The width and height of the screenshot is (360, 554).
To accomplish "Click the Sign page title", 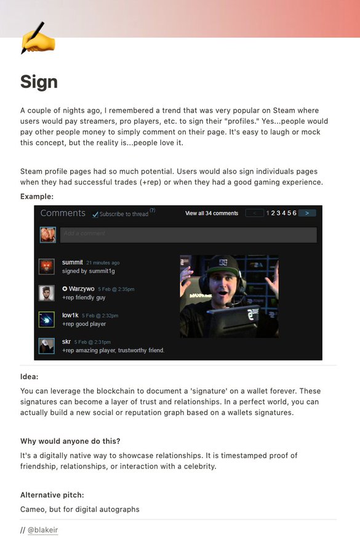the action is pyautogui.click(x=39, y=82).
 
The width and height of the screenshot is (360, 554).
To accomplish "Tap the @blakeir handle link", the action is pyautogui.click(x=42, y=529).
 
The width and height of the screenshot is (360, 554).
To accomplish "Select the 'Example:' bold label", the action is pyautogui.click(x=37, y=196).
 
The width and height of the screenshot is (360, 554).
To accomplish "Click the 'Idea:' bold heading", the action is pyautogui.click(x=29, y=377).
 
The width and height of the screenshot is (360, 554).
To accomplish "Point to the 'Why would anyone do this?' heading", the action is pyautogui.click(x=70, y=441).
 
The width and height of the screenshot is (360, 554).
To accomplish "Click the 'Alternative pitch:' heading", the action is pyautogui.click(x=52, y=495).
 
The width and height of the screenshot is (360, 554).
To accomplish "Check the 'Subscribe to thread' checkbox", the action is pyautogui.click(x=95, y=214).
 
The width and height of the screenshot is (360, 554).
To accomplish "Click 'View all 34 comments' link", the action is pyautogui.click(x=211, y=214).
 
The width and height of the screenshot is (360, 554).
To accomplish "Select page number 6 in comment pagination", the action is pyautogui.click(x=294, y=213).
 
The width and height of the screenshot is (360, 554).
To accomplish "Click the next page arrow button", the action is pyautogui.click(x=306, y=213).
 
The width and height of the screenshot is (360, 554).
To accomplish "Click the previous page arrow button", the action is pyautogui.click(x=254, y=213).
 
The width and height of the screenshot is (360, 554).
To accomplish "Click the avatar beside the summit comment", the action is pyautogui.click(x=47, y=267).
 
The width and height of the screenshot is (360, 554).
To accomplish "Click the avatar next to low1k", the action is pyautogui.click(x=47, y=319).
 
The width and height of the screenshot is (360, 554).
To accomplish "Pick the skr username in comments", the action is pyautogui.click(x=66, y=342).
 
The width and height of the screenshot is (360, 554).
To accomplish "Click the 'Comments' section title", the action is pyautogui.click(x=63, y=213).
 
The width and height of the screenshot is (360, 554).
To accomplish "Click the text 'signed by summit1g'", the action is pyautogui.click(x=88, y=271).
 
